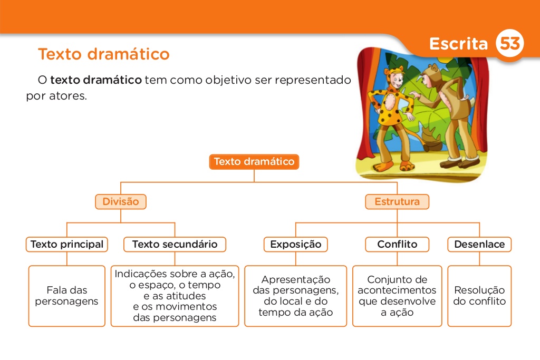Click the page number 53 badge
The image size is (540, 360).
[509, 44]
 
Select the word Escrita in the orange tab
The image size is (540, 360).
[458, 44]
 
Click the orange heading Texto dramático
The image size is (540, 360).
[104, 54]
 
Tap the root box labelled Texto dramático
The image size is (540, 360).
[254, 162]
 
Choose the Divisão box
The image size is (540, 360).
[120, 202]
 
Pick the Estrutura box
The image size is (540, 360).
[397, 202]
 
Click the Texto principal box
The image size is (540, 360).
[67, 245]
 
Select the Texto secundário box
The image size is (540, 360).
[175, 245]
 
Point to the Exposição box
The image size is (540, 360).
[295, 245]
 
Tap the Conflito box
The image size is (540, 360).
[397, 245]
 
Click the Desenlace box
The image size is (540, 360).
[479, 245]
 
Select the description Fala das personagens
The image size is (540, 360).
[67, 296]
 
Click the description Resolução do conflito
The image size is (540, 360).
[479, 296]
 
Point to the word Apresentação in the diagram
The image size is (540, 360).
[295, 280]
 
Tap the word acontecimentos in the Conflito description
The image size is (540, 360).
[397, 290]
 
